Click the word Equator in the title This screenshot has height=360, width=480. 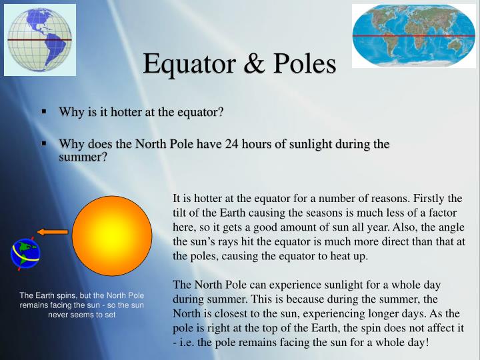pos(193,64)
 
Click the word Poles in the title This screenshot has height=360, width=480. pos(303,64)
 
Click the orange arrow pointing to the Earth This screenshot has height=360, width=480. pos(53,232)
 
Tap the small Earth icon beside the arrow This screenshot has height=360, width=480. pos(25,254)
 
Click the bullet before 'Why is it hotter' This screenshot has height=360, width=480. pos(43,111)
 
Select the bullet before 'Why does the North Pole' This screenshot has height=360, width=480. pos(43,143)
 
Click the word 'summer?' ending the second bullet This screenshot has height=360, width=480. pos(83,157)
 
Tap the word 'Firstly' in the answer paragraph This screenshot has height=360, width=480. pos(429,198)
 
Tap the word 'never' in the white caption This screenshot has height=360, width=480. pos(60,315)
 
